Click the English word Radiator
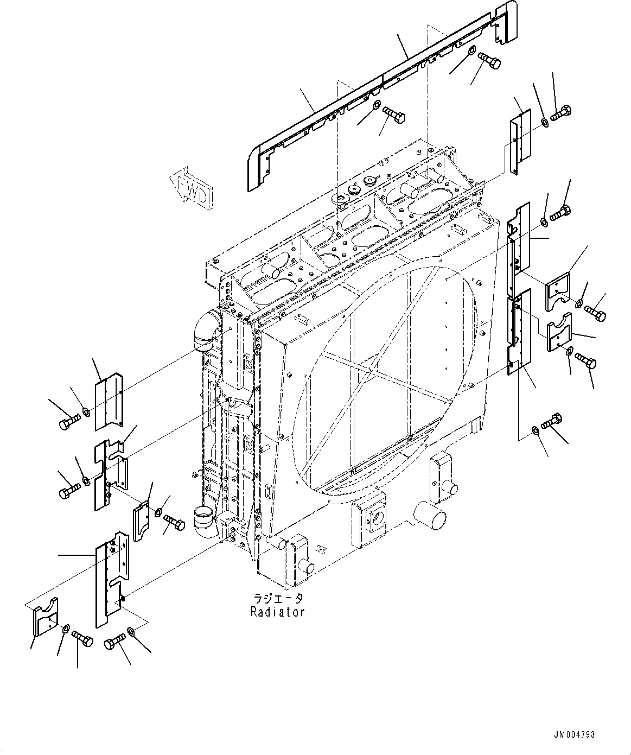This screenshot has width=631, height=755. click(x=277, y=612)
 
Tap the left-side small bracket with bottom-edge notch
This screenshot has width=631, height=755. click(x=142, y=521)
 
